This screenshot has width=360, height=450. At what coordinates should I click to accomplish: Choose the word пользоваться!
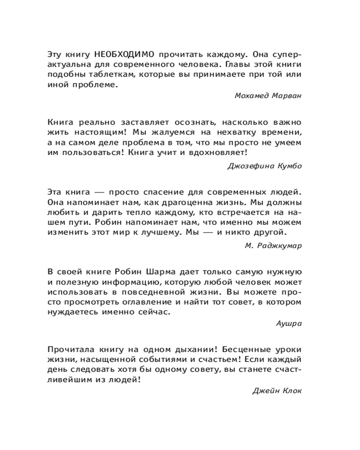[91, 153]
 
